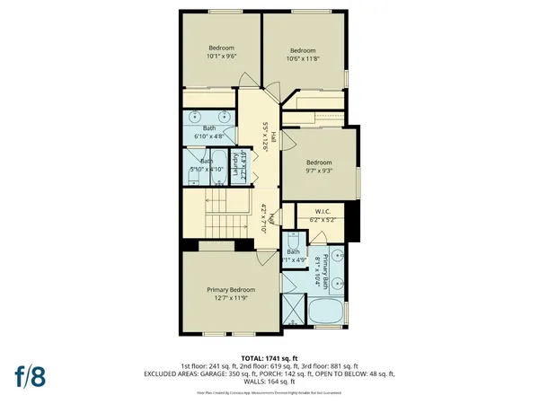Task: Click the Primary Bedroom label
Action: [231, 290]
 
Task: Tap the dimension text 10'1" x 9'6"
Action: [222, 56]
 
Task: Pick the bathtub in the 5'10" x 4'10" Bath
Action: [216, 164]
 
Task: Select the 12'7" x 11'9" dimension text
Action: [231, 299]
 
